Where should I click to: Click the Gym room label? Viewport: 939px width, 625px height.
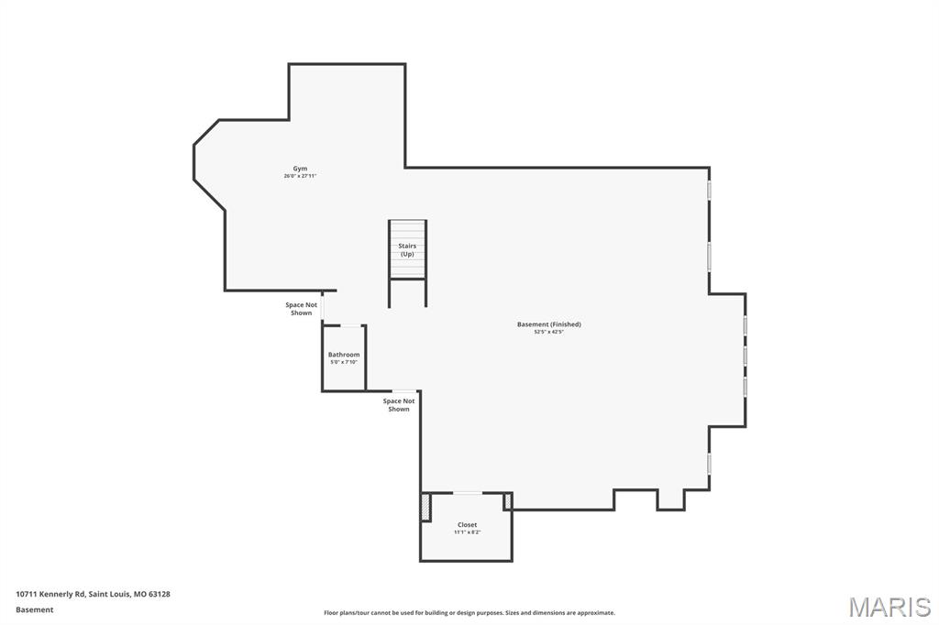[x=300, y=169]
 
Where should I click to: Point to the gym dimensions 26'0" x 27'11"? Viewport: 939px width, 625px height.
[x=300, y=176]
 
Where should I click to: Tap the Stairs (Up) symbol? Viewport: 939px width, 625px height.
[x=407, y=249]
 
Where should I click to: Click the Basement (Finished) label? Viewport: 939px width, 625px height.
[x=548, y=324]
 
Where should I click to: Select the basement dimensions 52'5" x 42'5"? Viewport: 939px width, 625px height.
[x=548, y=332]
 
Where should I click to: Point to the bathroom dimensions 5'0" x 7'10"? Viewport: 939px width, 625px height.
[x=344, y=362]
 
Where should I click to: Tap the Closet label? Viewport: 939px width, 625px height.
[x=467, y=525]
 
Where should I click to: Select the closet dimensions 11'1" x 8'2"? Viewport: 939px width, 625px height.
[x=467, y=532]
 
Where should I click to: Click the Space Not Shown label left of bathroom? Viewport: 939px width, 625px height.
[x=301, y=309]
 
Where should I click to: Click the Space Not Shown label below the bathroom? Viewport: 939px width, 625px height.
[x=399, y=405]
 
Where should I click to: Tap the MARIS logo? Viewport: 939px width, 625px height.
[x=889, y=607]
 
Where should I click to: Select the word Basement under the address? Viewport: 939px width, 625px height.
[x=35, y=609]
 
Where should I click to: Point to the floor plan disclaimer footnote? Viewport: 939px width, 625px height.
[x=469, y=613]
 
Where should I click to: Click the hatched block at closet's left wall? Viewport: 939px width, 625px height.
[x=425, y=507]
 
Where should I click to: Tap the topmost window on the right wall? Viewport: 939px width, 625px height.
[x=709, y=190]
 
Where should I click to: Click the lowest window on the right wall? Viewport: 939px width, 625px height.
[x=709, y=464]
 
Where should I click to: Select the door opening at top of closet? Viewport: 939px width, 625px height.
[x=468, y=493]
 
